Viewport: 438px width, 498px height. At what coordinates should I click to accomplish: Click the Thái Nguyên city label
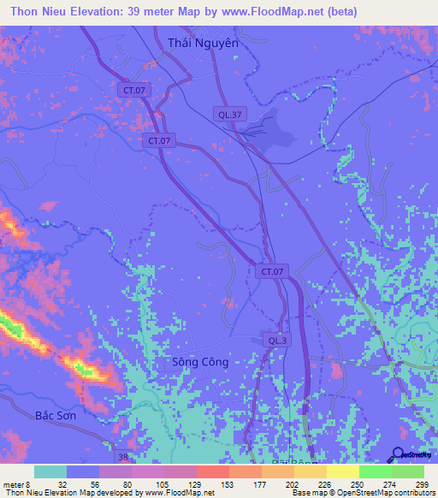click(x=203, y=43)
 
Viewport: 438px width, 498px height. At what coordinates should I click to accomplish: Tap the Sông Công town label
click(x=199, y=362)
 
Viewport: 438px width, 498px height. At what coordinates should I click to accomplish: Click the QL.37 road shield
click(x=228, y=114)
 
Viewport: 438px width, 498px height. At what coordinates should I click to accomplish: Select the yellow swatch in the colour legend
click(x=342, y=471)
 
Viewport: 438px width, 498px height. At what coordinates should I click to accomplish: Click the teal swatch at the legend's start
click(x=50, y=471)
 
